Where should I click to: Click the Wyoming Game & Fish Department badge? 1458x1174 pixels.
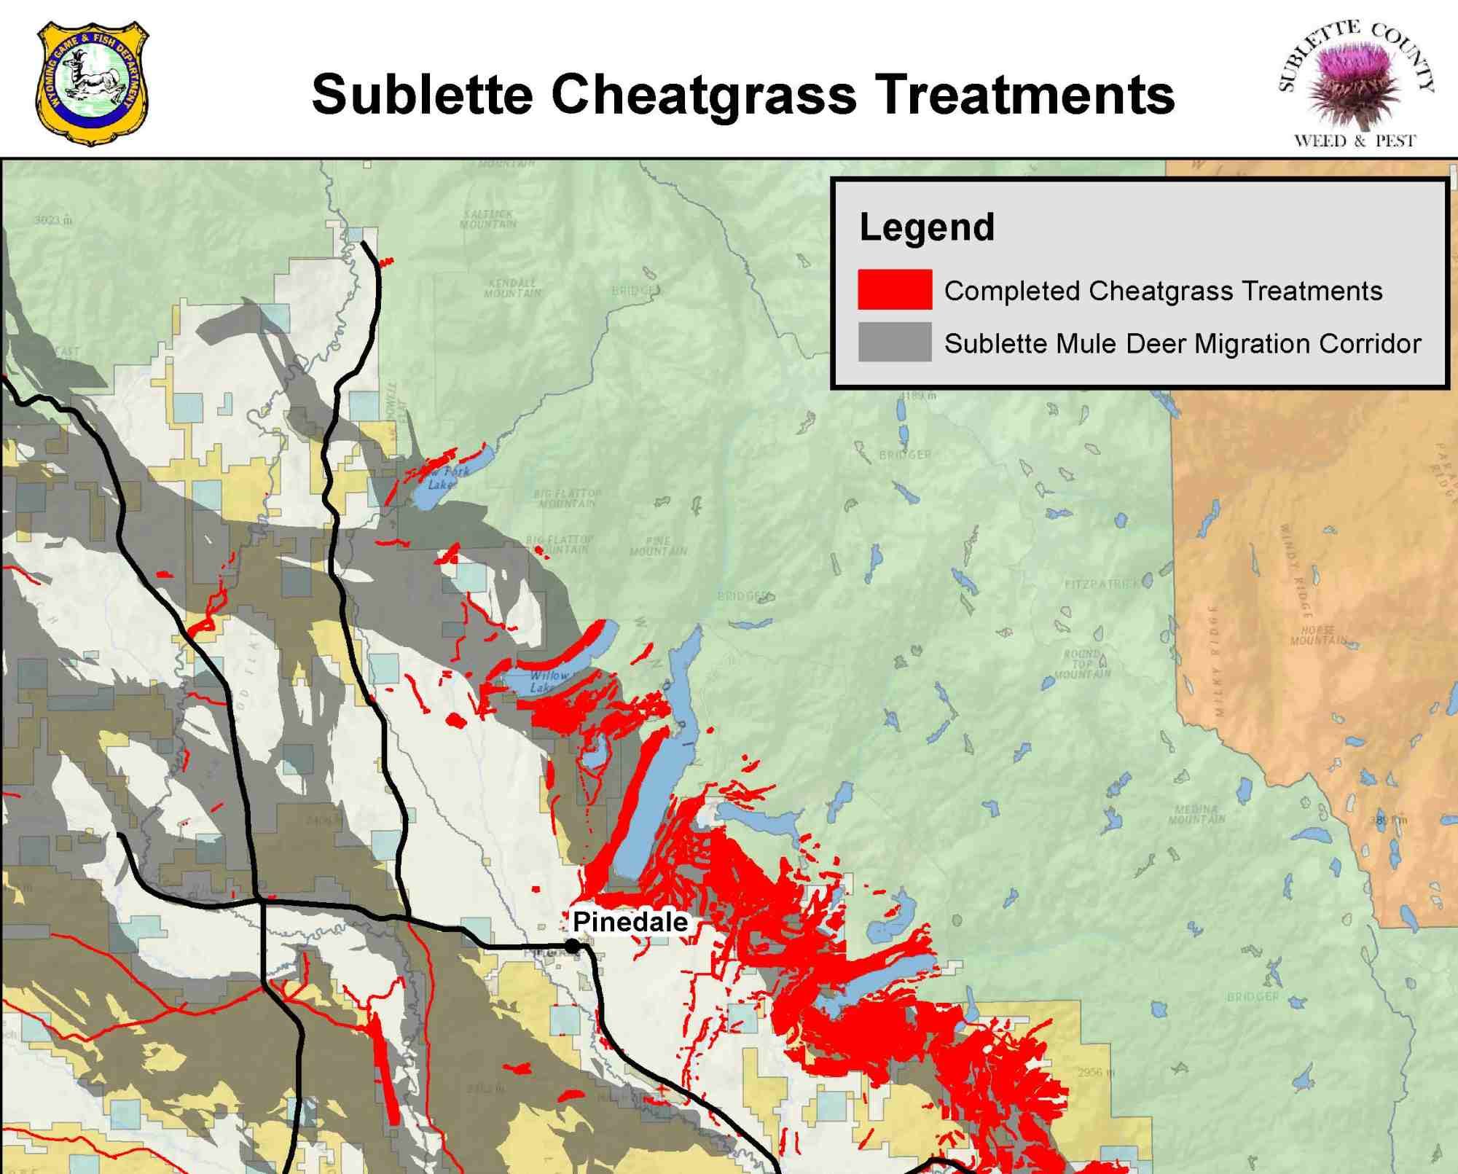coord(92,82)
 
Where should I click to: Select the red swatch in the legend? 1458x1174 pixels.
coord(894,290)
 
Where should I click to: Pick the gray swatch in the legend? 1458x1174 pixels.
coord(894,343)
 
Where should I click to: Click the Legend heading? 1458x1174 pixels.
coord(926,227)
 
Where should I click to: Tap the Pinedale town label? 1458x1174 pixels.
coord(630,922)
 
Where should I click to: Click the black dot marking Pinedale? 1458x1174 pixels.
coord(573,946)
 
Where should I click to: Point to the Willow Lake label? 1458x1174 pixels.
coord(547,681)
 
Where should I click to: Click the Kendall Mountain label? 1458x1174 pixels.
coord(513,287)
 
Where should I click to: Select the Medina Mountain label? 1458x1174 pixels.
coord(1196,814)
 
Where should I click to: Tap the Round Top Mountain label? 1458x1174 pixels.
coord(1082,663)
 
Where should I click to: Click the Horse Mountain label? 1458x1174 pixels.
coord(1317,635)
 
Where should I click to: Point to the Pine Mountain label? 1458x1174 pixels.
coord(658,546)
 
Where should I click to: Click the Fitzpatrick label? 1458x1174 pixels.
coord(1102,584)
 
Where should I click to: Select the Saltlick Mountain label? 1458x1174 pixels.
coord(488,219)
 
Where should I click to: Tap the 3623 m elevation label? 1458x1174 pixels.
coord(53,219)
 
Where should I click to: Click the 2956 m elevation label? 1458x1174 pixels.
coord(1096,1073)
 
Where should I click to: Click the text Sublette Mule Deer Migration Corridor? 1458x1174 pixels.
coord(1182,343)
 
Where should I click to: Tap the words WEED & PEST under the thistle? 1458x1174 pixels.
coord(1354,141)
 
